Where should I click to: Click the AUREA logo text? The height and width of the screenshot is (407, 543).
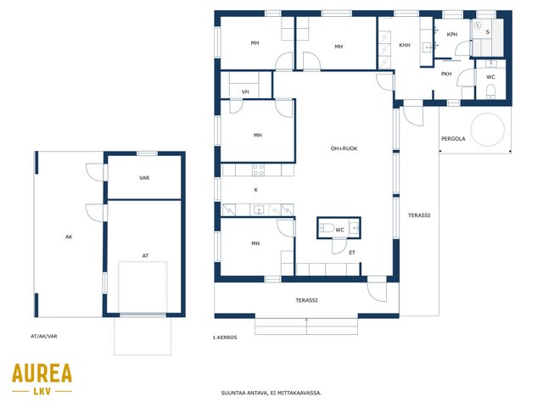pos(42,373)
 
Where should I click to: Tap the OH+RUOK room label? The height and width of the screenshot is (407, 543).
pos(344,148)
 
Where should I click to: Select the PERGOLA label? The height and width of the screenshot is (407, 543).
pos(453,138)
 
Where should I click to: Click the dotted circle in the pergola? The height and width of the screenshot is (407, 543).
pos(487,130)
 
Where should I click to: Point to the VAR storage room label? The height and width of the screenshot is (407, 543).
pos(144,178)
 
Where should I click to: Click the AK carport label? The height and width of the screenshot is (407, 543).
pos(69,237)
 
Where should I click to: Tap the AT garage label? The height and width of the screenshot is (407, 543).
pos(145,256)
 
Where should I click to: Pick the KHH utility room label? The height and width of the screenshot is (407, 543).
pos(405,45)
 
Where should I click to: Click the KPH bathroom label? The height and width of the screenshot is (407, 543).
pos(452,34)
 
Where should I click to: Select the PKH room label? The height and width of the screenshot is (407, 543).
pos(446,74)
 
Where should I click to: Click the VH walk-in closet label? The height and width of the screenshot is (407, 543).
pos(245,92)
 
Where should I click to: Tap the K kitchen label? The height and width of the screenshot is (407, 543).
pos(256,190)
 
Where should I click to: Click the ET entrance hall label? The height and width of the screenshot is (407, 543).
pos(352,253)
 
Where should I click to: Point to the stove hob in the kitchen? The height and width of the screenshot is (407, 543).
pos(258,170)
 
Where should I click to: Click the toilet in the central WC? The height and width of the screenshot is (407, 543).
pos(327,228)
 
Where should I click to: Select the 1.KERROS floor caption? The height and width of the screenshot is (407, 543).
pos(225,337)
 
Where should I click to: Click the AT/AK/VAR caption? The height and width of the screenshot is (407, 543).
pos(43,336)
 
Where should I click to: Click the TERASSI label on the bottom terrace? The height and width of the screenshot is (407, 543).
pos(306,300)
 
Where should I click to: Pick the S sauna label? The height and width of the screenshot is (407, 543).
pos(488,32)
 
